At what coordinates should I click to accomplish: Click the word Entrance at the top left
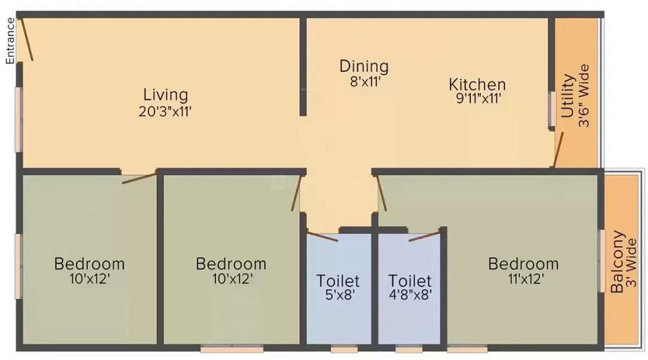(x=10, y=40)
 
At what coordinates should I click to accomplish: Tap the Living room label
(x=165, y=94)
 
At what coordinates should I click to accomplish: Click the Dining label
(x=364, y=66)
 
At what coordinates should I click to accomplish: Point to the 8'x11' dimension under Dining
(x=364, y=82)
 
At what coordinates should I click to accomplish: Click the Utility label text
(x=568, y=96)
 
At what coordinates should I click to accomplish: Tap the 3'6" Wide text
(x=585, y=96)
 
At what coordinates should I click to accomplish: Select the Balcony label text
(x=617, y=266)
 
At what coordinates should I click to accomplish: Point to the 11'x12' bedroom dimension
(x=523, y=279)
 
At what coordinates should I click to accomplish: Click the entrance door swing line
(x=26, y=39)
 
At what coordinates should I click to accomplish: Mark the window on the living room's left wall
(x=19, y=120)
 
